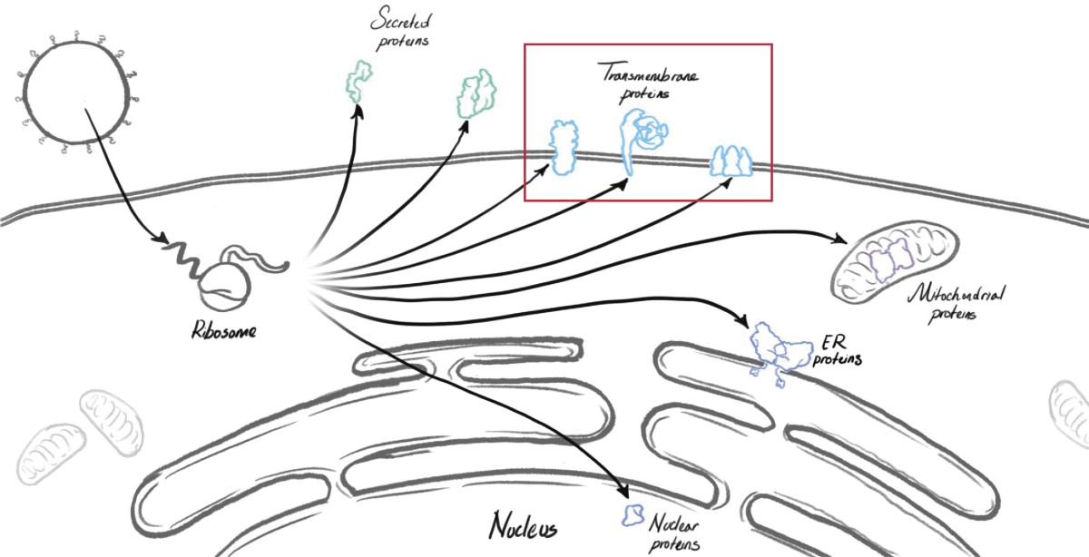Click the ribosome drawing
coord(224,285)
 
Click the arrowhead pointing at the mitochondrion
coord(837,239)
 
